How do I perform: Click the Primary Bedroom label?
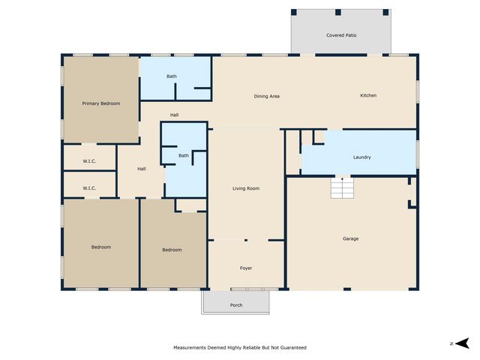101,103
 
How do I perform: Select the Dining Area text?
266,96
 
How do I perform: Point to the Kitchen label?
368,95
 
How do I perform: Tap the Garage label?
350,238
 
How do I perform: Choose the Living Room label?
246,188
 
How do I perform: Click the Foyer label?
246,268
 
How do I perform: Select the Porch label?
236,304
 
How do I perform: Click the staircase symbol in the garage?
342,188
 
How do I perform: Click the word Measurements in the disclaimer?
191,348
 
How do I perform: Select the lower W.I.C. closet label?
89,188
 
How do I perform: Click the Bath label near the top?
172,76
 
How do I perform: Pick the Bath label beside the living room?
184,155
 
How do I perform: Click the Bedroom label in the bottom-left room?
101,247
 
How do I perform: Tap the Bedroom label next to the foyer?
172,250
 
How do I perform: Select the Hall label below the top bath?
174,115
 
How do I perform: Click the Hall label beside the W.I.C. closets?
141,169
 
